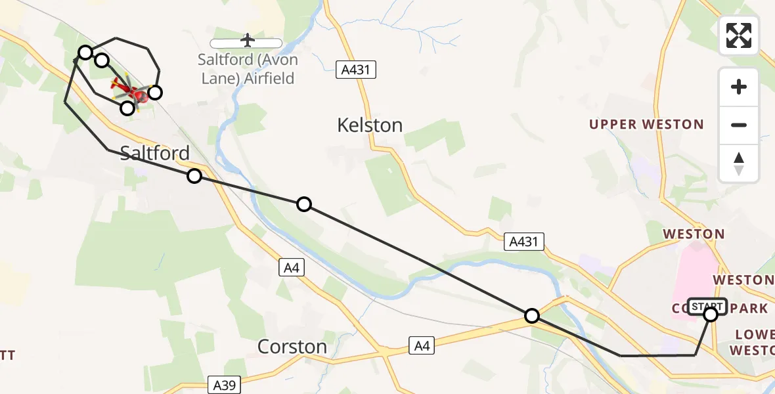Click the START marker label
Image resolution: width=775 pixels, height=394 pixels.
707,306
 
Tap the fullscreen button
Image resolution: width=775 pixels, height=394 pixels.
739,35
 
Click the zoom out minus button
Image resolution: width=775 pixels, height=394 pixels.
739,125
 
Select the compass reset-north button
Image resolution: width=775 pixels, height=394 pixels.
739,164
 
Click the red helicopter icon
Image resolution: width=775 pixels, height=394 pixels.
129,91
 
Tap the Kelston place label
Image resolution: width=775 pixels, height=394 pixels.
370,125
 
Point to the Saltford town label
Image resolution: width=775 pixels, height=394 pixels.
156,153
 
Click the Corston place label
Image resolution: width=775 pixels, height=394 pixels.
292,346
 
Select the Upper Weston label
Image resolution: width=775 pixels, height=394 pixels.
646,124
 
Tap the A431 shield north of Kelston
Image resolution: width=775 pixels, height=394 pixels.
355,70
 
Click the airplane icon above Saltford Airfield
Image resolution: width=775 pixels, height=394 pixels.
248,41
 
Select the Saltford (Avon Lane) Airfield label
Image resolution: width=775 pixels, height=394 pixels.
248,69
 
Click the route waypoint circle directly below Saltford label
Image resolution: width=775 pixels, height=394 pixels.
194,176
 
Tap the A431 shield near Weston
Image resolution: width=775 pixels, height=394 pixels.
523,242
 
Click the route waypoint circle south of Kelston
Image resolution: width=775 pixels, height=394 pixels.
304,204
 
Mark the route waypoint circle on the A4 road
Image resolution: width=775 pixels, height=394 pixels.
532,316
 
